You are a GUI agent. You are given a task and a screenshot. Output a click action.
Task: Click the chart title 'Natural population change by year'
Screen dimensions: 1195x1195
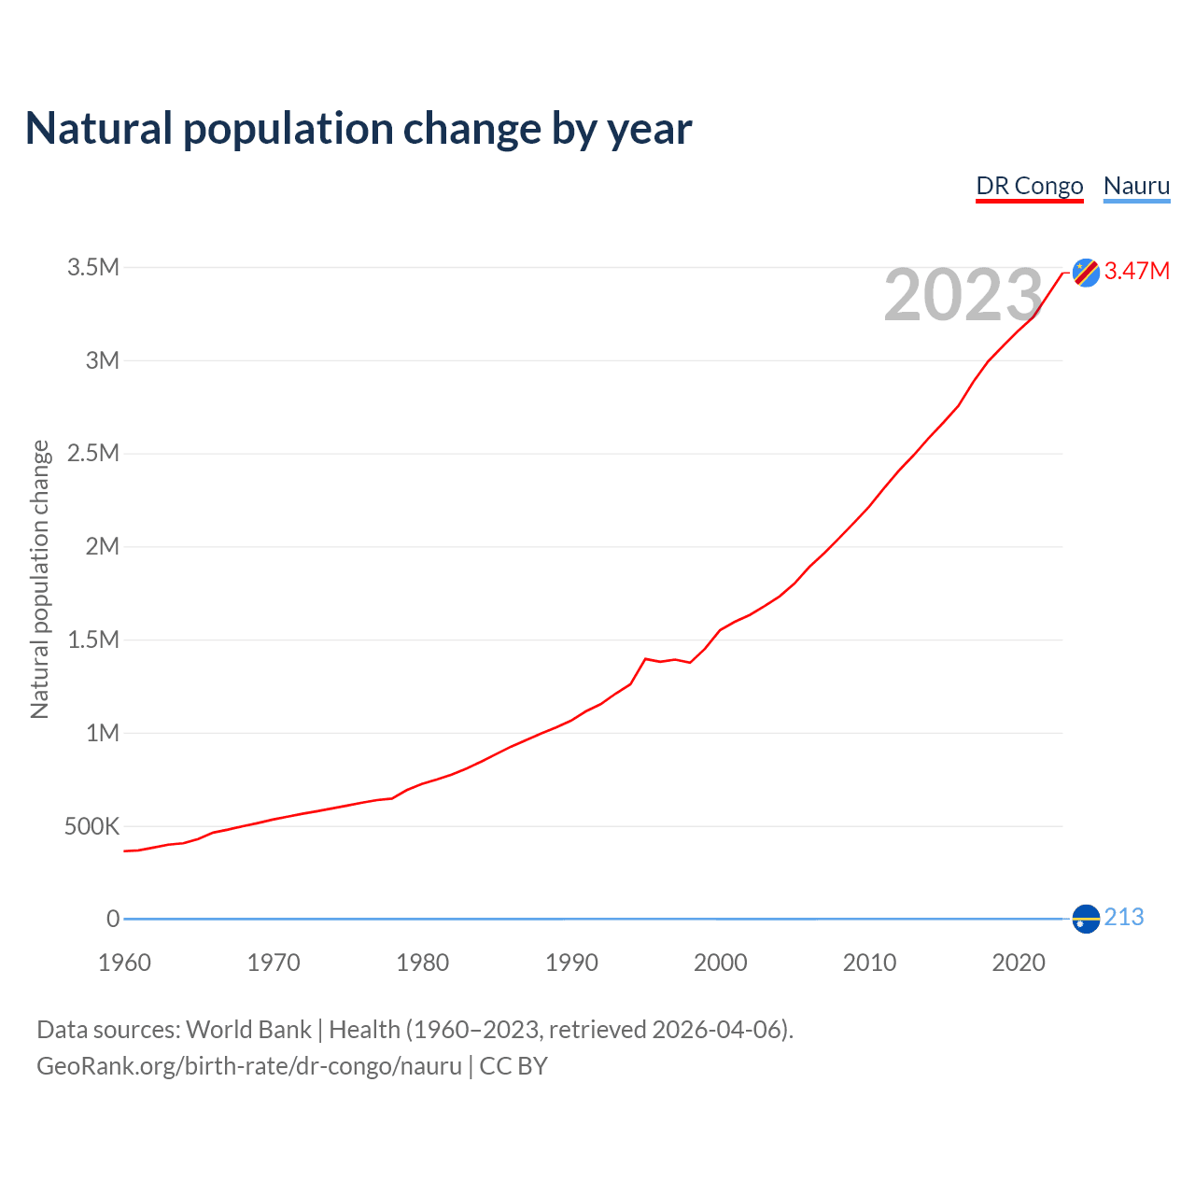coord(358,129)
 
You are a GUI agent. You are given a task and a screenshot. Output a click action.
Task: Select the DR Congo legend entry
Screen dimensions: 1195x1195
coord(1030,186)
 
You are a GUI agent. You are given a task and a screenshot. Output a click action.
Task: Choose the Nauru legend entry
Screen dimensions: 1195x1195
coord(1136,186)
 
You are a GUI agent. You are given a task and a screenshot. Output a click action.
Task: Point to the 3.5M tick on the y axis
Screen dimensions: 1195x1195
coord(93,268)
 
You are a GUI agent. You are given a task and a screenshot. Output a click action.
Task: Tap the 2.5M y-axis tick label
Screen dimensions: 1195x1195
coord(93,454)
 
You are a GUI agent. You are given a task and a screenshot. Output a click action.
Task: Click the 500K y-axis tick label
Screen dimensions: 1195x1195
coord(91,827)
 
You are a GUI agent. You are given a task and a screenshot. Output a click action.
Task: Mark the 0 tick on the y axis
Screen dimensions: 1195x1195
coord(113,920)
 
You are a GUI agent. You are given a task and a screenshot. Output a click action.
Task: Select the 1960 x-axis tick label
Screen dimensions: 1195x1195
coord(124,963)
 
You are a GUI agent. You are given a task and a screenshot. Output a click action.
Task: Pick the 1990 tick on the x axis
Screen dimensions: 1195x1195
coord(571,963)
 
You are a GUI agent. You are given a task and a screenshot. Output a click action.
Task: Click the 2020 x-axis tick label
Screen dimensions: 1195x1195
coord(1019,963)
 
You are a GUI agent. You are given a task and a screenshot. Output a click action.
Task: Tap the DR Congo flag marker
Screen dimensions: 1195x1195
coord(1086,272)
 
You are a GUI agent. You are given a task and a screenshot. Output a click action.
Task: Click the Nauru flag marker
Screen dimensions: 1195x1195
coord(1086,919)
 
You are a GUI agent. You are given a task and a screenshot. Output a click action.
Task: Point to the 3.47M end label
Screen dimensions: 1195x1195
coord(1137,272)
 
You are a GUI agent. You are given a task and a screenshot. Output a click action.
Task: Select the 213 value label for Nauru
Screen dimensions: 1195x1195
coord(1124,918)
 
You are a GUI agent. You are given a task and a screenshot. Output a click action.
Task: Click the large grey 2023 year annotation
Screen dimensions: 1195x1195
coord(963,296)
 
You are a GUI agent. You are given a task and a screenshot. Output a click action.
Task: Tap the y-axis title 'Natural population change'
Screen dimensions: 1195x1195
coord(40,580)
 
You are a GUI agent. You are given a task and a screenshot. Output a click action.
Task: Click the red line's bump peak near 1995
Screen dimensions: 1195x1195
coord(645,659)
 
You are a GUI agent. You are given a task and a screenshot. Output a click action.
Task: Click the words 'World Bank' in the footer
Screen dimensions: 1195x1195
coord(248,1030)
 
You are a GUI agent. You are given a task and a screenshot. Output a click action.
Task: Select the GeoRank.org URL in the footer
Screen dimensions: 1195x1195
coord(249,1066)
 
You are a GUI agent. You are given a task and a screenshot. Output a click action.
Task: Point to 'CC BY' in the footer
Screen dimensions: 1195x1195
coord(513,1066)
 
